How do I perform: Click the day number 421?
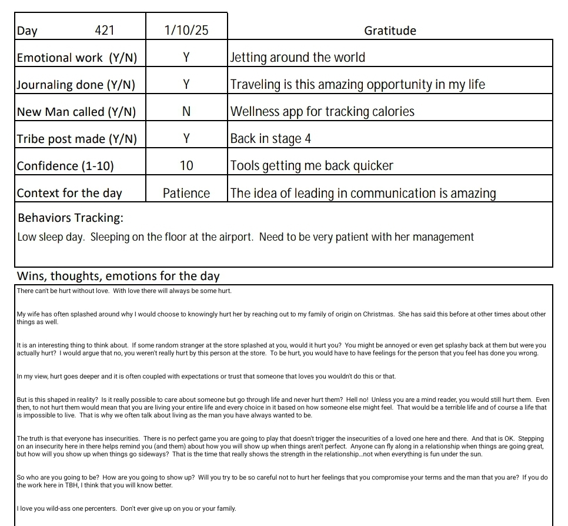[x=105, y=31]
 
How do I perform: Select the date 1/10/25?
[x=186, y=31]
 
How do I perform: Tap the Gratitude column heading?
[x=390, y=31]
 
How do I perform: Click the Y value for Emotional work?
[x=186, y=58]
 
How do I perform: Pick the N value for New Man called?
[x=186, y=112]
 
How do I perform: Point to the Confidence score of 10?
[x=186, y=166]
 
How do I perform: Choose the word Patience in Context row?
[x=186, y=194]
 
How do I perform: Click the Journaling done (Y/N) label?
[x=76, y=85]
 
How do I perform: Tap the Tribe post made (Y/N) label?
[x=77, y=139]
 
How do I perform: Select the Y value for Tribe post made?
[x=186, y=139]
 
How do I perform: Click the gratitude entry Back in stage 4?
[x=270, y=139]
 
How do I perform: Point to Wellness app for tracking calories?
[x=322, y=112]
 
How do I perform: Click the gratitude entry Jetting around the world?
[x=298, y=58]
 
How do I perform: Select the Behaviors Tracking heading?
[x=71, y=218]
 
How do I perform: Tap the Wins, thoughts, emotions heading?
[x=118, y=276]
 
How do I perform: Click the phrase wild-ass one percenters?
[x=80, y=508]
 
